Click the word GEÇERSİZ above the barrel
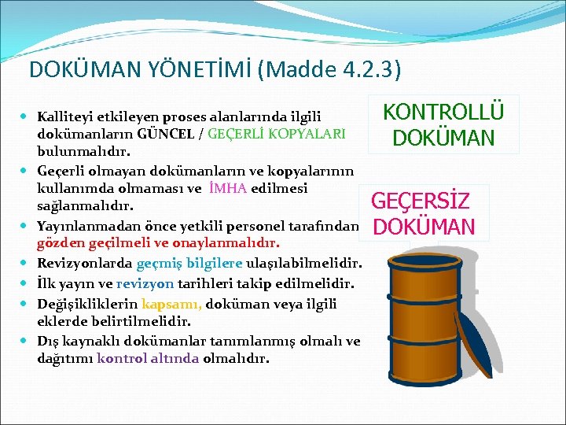pyautogui.click(x=421, y=201)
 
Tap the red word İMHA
pyautogui.click(x=228, y=189)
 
